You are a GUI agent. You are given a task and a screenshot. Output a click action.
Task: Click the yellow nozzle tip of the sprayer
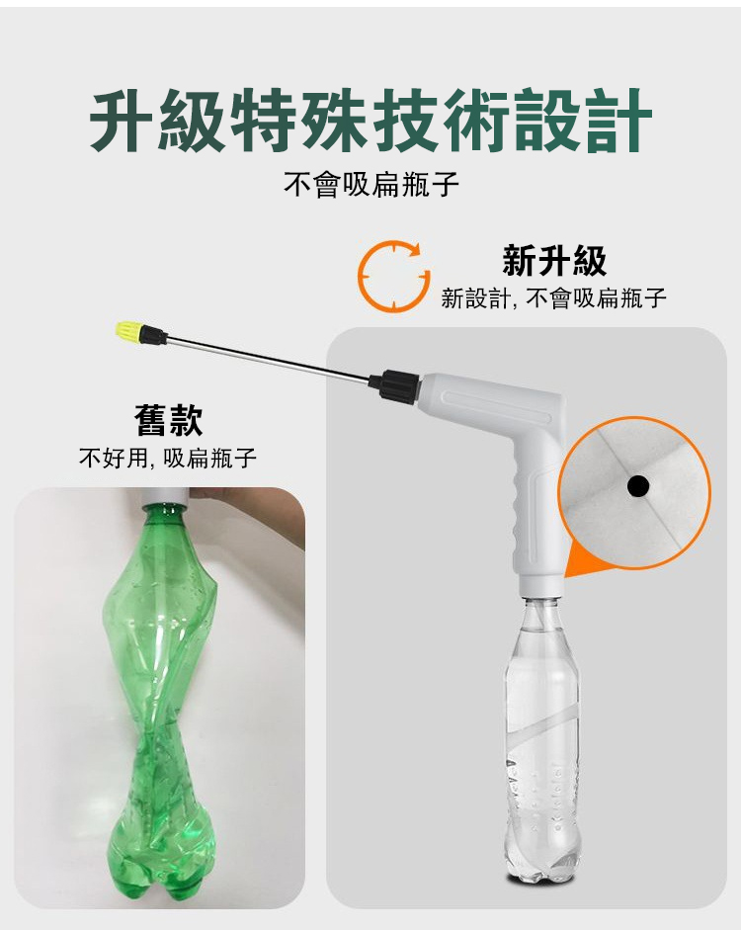click(129, 331)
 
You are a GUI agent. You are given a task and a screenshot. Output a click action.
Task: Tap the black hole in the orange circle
click(638, 486)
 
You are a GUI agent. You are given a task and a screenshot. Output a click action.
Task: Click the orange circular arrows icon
click(393, 276)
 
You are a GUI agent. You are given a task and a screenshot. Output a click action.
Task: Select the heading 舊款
click(169, 420)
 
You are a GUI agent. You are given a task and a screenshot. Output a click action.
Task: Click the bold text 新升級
click(554, 260)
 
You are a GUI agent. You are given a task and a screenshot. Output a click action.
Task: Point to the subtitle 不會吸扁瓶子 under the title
click(371, 184)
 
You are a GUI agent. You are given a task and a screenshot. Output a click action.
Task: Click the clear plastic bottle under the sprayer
click(541, 741)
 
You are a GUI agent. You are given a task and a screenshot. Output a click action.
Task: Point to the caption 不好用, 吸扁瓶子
click(168, 458)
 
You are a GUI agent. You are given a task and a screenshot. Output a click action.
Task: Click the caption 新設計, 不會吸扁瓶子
click(553, 297)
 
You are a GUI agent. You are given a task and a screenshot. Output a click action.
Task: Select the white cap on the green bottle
click(165, 496)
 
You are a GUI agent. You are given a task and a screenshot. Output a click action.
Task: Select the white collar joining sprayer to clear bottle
click(539, 585)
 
